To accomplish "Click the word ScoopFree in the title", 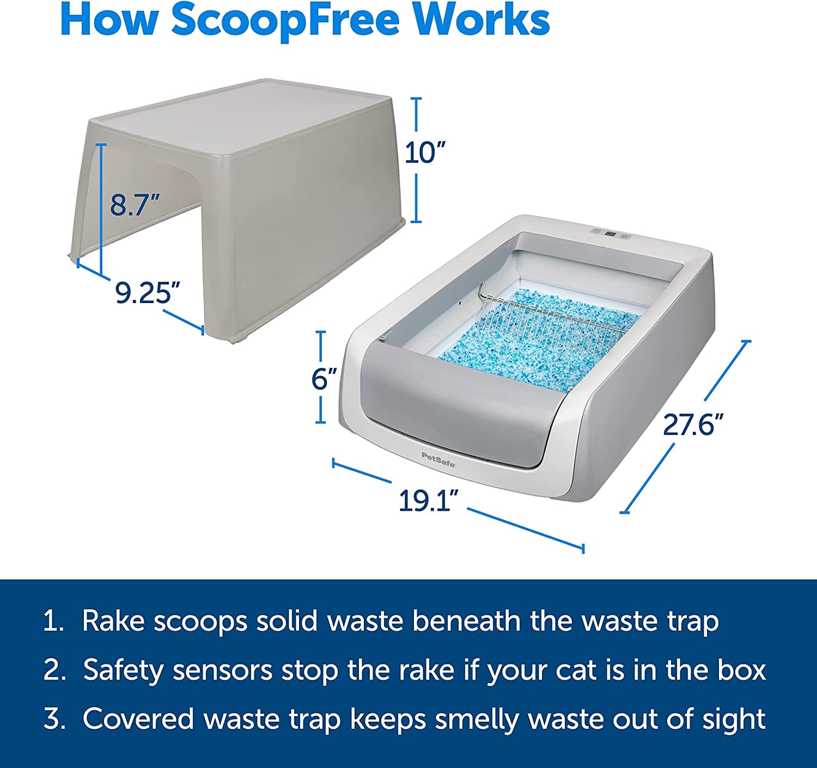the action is (x=285, y=21).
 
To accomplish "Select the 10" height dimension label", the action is (x=425, y=153).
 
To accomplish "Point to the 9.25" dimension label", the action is (x=147, y=293).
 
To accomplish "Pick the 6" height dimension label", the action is (x=324, y=379).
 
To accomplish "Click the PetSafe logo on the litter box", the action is (x=438, y=459).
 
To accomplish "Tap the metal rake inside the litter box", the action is (x=551, y=317).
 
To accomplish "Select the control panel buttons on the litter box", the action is (x=611, y=233).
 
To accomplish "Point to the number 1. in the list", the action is (x=53, y=621).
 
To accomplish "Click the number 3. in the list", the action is (x=54, y=718).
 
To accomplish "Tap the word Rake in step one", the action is (x=113, y=621).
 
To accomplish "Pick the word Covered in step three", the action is (x=138, y=718).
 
